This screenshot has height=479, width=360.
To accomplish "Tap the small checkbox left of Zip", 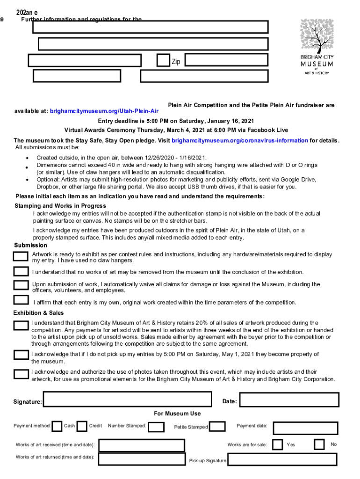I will [163, 60].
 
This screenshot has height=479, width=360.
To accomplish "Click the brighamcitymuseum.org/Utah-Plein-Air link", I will [104, 111].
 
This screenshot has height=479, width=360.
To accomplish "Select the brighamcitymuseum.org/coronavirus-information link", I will [240, 140].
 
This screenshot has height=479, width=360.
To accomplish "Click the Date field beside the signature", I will [289, 400].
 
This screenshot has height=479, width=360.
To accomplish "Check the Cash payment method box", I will [57, 426].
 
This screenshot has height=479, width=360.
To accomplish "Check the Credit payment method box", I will [82, 426].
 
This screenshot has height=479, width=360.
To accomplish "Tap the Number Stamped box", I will [156, 427].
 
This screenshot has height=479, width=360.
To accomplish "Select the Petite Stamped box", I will [217, 426].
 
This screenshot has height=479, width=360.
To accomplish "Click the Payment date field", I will [305, 428].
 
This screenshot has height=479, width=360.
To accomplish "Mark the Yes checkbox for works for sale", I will [277, 444].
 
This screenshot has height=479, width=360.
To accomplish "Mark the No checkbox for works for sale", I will [319, 444].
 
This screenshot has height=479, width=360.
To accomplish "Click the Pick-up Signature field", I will [282, 459].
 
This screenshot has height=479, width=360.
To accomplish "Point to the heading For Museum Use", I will [177, 414].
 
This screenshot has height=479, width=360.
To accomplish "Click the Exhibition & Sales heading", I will [38, 313].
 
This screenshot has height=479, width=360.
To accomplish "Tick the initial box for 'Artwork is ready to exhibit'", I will [21, 256].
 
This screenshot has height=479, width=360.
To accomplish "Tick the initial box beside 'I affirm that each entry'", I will [21, 300].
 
